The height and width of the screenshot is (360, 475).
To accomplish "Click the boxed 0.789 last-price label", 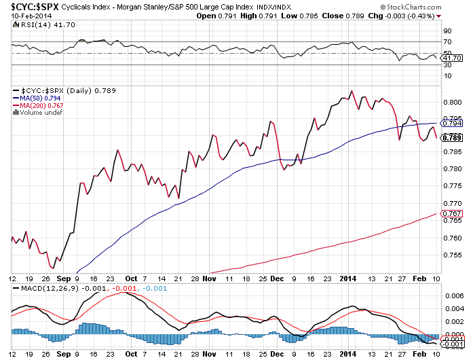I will point(452,137).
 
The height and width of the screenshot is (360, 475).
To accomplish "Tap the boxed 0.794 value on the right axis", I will point(452,124).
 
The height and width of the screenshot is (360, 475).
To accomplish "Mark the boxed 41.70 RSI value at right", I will point(452,58).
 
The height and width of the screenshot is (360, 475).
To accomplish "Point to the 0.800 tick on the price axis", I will point(451,102).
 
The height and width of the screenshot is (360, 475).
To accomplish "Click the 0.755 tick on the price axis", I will point(451,255).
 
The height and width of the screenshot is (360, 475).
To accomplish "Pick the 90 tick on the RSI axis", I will point(447,31).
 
